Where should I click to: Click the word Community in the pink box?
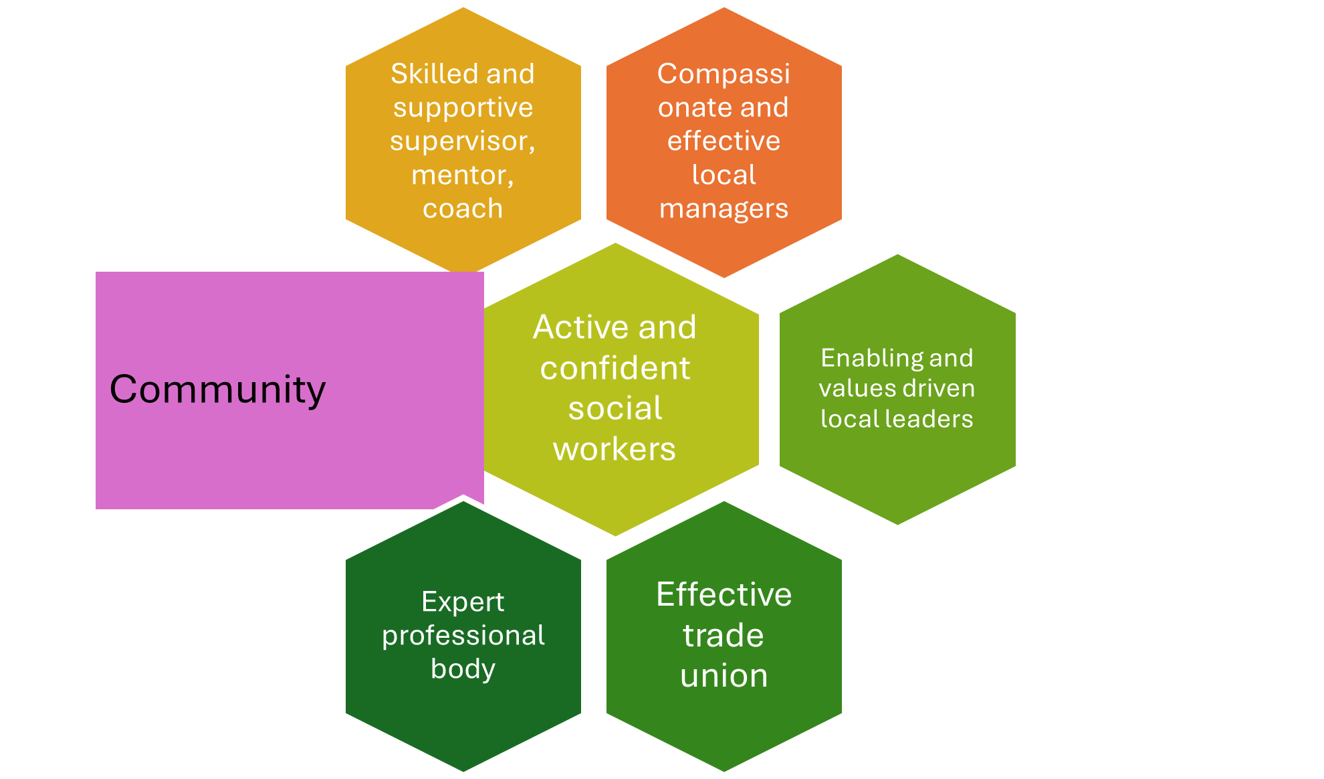click(x=217, y=389)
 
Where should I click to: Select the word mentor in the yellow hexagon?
click(x=459, y=175)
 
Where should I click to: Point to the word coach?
click(x=463, y=209)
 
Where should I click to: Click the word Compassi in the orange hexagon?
click(x=724, y=74)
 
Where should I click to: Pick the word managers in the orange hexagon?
click(x=724, y=209)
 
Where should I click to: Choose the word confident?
click(x=615, y=368)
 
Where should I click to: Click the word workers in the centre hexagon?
click(x=615, y=449)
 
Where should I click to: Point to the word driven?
click(x=946, y=388)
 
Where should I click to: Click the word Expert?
click(x=463, y=602)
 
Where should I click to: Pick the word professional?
click(x=463, y=636)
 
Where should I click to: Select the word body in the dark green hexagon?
click(x=463, y=669)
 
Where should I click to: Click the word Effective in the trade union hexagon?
click(x=724, y=594)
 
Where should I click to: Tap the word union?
click(x=724, y=676)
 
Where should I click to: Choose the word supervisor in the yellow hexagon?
click(x=460, y=141)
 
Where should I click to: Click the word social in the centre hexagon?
click(x=615, y=409)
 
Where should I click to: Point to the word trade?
click(x=723, y=635)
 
